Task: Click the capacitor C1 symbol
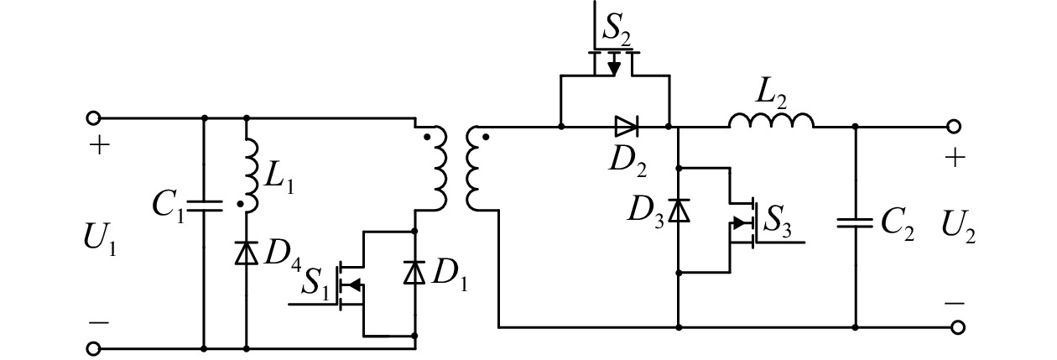pos(204,206)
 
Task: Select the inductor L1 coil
pos(253,175)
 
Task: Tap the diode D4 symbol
pos(247,253)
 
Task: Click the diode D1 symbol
pos(414,273)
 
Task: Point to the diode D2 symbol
pos(627,127)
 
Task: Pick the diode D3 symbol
pos(679,211)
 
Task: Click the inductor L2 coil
pos(771,121)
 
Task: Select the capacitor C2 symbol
pos(855,223)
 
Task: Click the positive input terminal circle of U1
pos(93,118)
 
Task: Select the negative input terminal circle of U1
pos(93,349)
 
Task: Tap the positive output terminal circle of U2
pos(954,127)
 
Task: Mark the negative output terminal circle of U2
pos(957,327)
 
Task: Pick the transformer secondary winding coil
pos(472,168)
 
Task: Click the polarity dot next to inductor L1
pos(240,204)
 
